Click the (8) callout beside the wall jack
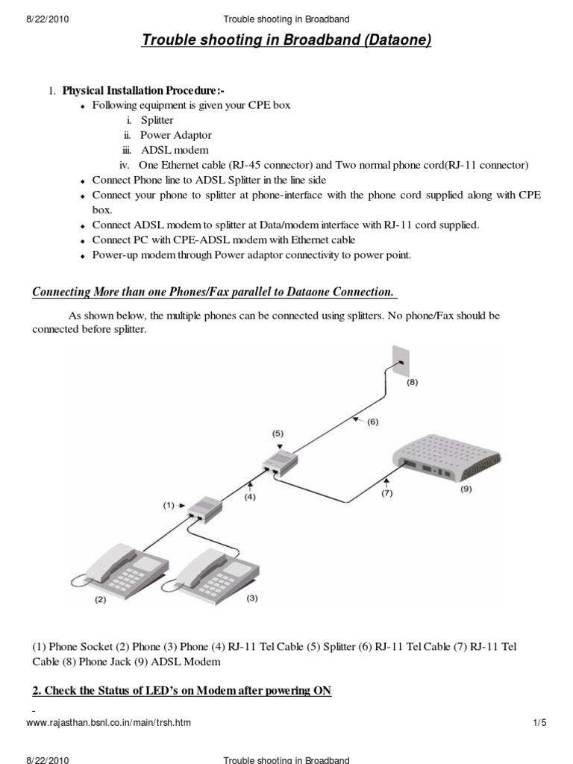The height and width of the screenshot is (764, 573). click(412, 383)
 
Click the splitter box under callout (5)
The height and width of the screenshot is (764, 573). click(280, 463)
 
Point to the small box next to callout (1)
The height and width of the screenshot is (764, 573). click(205, 510)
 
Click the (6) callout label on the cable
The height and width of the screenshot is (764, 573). click(373, 422)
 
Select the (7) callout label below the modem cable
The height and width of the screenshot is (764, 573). click(387, 493)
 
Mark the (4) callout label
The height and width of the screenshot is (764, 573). click(249, 497)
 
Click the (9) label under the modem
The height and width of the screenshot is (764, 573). click(466, 489)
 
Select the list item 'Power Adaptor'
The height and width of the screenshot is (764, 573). click(176, 135)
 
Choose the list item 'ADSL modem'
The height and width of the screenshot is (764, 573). click(175, 150)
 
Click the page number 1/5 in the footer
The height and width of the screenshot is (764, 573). click(540, 722)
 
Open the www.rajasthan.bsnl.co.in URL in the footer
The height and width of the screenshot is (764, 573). click(108, 722)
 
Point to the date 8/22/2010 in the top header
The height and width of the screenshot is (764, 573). click(47, 19)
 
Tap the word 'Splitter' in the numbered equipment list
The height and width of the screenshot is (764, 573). click(157, 120)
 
